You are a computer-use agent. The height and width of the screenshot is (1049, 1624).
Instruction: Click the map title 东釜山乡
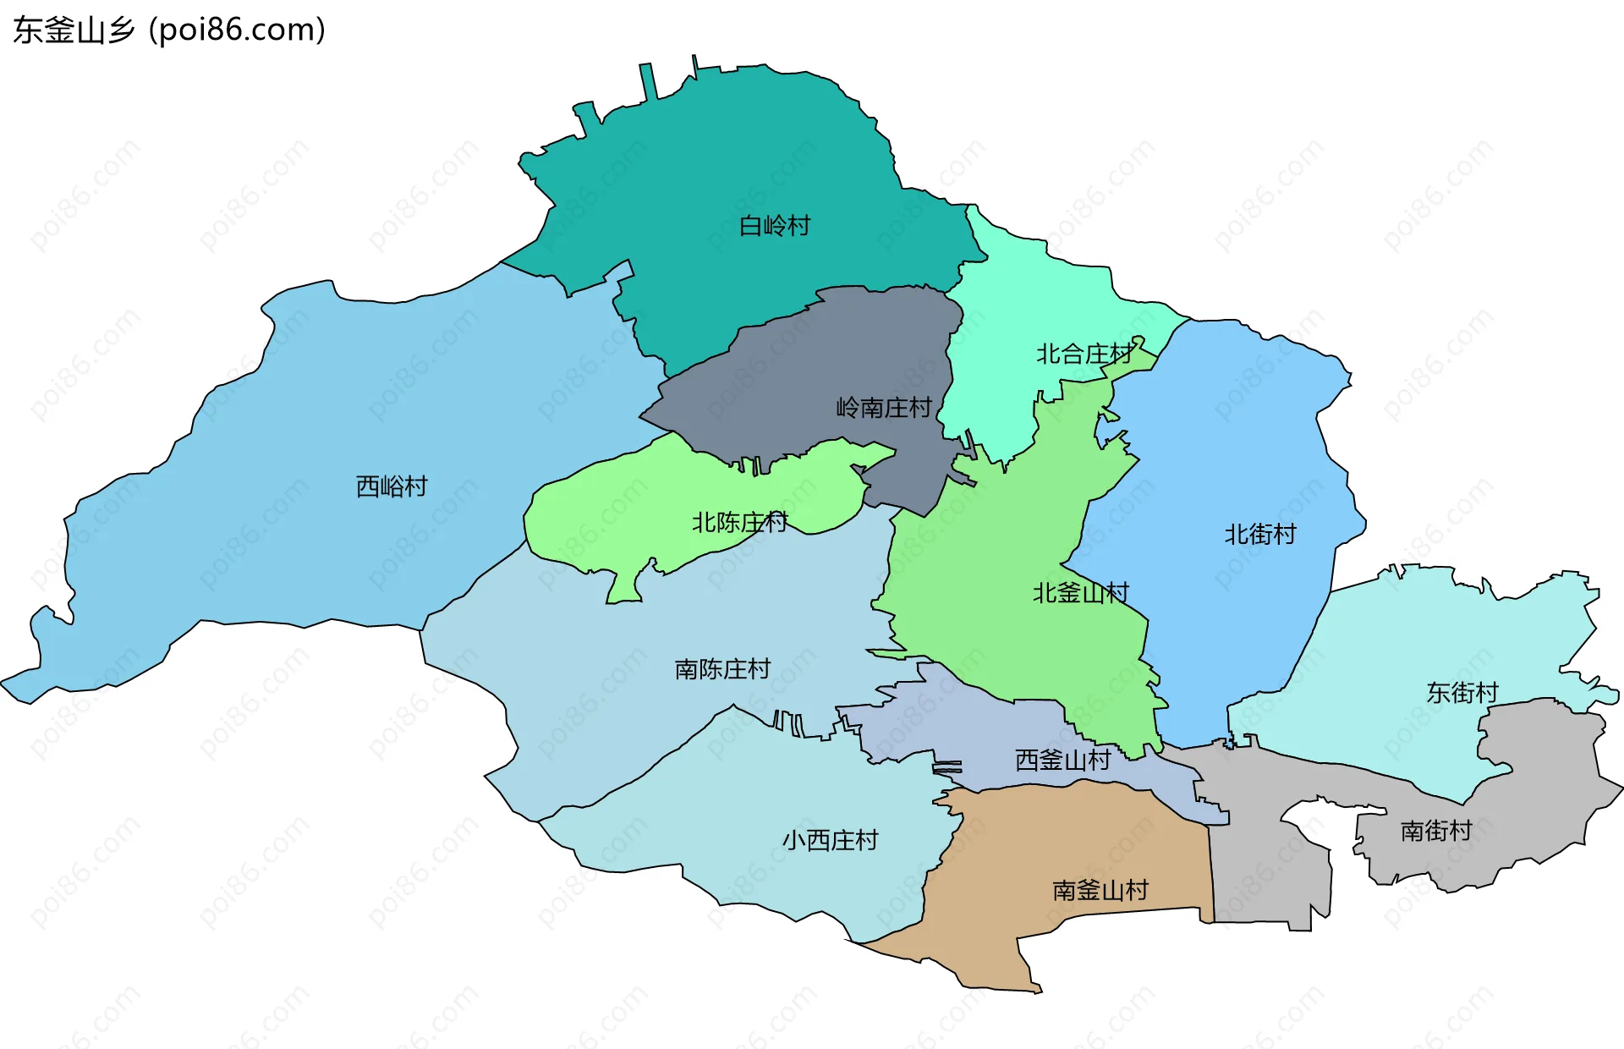coord(74,30)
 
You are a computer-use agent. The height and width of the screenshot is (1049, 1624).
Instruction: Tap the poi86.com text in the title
coord(237,30)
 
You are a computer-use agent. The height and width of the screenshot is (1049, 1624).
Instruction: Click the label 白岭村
coord(774,226)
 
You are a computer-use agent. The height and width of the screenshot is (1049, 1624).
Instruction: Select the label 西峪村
coord(392,486)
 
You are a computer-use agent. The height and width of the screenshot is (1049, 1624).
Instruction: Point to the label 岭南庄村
coord(883,408)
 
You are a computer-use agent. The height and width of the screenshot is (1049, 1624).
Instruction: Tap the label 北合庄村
coord(1084,354)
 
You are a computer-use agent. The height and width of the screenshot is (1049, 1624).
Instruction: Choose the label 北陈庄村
coord(739,522)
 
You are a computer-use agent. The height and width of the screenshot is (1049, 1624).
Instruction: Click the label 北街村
coord(1259,535)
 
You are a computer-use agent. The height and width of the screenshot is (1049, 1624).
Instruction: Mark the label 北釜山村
coord(1080,593)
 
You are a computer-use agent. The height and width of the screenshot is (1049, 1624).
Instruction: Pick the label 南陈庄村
coord(722,669)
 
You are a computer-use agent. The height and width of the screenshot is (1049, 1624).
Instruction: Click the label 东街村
coord(1462,693)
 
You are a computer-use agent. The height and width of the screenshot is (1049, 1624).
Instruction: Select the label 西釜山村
coord(1062,760)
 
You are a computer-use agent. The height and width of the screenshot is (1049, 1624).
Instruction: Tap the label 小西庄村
coord(830,840)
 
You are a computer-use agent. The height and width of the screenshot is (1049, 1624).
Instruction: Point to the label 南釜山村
coord(1100,890)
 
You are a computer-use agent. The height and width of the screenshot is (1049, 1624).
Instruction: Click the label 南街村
coord(1435,831)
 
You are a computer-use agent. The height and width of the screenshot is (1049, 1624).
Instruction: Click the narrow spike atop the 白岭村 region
coord(649,80)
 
